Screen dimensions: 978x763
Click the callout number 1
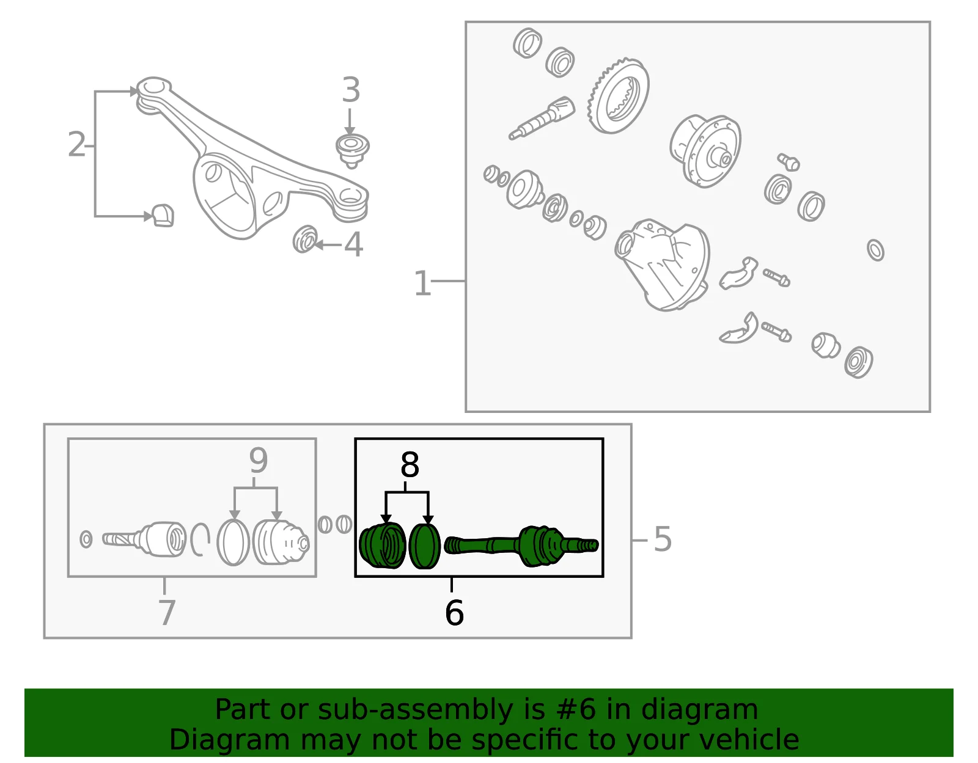422,283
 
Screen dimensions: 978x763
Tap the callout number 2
76,144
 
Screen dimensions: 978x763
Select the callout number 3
351,89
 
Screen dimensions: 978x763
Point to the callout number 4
353,244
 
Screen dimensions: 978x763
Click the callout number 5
663,539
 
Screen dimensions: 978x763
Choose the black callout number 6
454,612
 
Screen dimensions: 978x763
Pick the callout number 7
166,612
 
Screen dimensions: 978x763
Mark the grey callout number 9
259,460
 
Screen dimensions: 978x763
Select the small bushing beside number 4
304,239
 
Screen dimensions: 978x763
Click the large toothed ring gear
618,96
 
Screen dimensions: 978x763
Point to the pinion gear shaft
542,119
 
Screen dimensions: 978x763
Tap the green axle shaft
521,546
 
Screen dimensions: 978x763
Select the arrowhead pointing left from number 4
318,245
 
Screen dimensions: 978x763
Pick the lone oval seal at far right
875,250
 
